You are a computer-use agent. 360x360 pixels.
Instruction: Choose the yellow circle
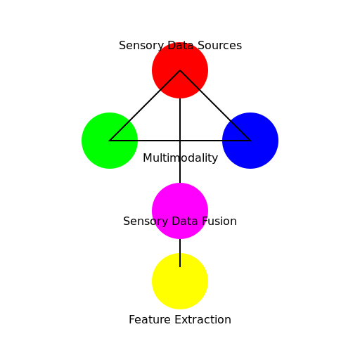180,284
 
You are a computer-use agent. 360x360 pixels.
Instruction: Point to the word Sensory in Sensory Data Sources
141,46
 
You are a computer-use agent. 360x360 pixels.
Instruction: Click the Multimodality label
180,158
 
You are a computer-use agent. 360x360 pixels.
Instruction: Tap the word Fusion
219,221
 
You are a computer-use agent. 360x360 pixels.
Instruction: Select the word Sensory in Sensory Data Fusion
145,221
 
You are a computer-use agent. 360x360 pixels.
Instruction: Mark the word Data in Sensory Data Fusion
184,221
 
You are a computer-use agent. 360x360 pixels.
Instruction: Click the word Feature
149,320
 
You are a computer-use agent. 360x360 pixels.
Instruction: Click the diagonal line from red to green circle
145,105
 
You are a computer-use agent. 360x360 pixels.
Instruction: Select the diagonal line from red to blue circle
215,105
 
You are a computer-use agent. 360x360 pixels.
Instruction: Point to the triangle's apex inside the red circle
180,70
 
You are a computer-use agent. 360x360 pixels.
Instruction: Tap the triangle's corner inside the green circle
110,141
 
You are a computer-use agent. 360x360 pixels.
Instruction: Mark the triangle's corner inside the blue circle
250,141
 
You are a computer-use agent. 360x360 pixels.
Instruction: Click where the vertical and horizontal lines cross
180,141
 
